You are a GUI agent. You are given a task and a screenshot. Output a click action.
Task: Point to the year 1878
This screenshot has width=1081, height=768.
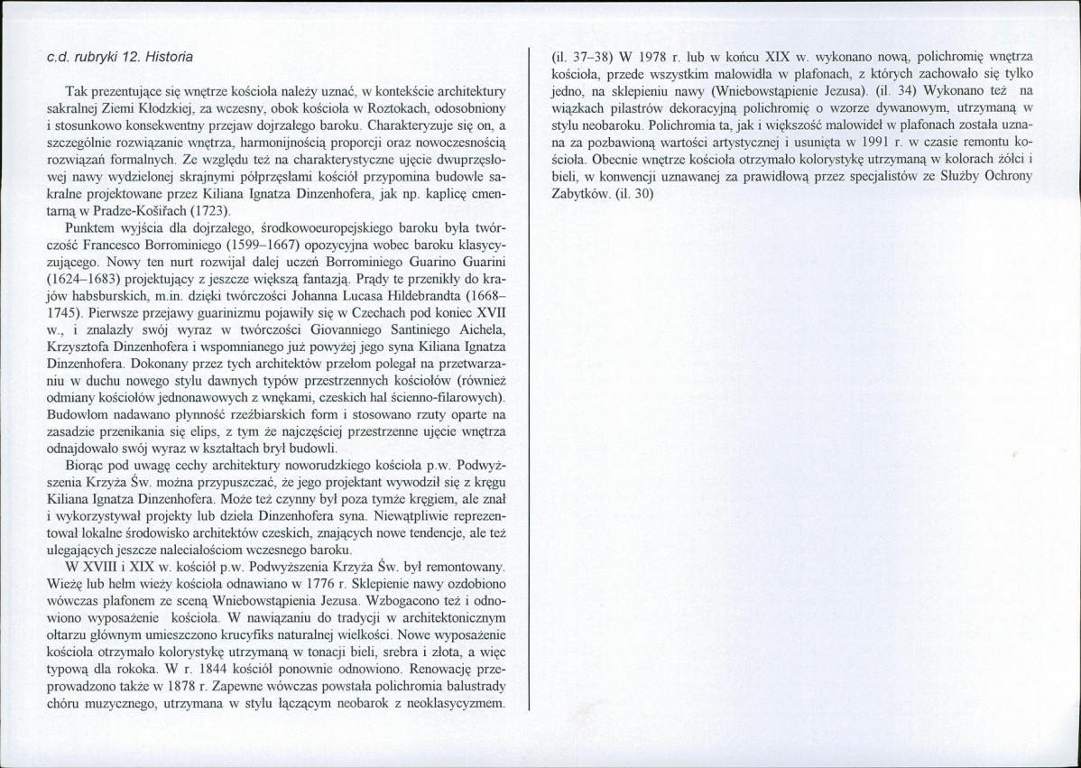(221, 687)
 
